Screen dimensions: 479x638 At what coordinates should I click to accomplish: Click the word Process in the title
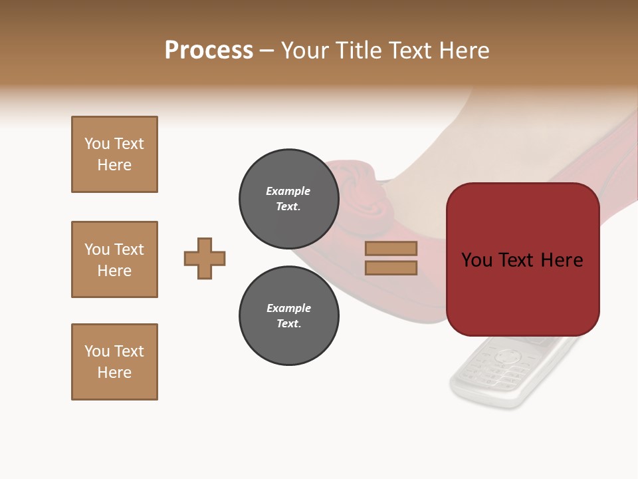(x=209, y=50)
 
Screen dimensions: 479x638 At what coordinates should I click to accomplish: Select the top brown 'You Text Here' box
(x=114, y=154)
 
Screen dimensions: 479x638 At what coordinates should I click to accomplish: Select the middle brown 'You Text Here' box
(x=114, y=259)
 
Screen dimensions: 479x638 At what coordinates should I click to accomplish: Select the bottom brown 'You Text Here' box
(x=114, y=362)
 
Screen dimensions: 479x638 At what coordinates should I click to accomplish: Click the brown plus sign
(x=205, y=258)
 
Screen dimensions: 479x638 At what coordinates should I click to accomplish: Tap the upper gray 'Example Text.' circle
(x=288, y=198)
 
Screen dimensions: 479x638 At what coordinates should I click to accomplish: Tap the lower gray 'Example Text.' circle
(x=288, y=315)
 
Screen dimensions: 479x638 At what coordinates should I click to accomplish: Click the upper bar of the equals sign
(x=391, y=248)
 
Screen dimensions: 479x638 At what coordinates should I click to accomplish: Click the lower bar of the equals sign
(x=391, y=267)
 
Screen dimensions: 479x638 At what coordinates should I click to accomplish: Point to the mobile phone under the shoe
(x=505, y=373)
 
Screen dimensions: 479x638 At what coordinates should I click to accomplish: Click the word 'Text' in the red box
(x=522, y=259)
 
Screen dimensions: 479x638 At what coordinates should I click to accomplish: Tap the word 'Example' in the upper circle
(x=288, y=191)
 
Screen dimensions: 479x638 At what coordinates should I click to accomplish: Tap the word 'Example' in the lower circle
(x=288, y=308)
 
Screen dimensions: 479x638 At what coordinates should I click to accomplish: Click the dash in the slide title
(x=267, y=51)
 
